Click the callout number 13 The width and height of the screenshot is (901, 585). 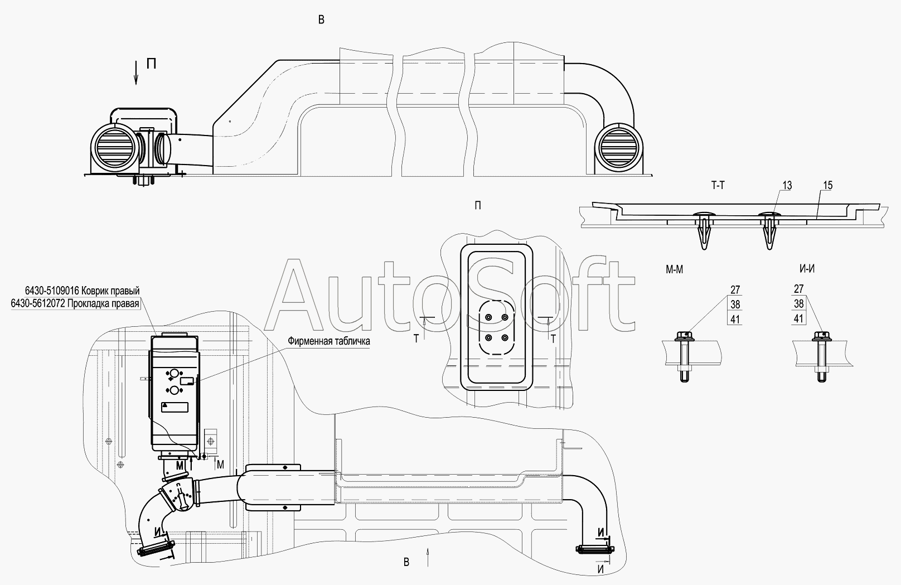(x=787, y=186)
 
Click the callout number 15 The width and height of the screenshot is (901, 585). (x=828, y=186)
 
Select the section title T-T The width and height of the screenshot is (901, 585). (x=718, y=186)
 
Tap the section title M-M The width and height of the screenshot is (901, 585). (x=675, y=269)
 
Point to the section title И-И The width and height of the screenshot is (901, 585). (x=807, y=269)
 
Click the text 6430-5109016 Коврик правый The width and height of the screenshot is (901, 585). (x=83, y=291)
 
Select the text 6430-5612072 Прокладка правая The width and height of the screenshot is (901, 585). (x=75, y=303)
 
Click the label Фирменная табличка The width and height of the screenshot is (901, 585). (x=329, y=341)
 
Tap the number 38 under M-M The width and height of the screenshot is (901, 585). (x=735, y=304)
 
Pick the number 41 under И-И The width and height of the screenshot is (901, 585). (x=798, y=318)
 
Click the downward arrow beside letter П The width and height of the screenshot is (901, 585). (x=136, y=72)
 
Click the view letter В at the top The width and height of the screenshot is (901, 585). (x=321, y=20)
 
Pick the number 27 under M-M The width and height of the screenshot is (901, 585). (x=735, y=289)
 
